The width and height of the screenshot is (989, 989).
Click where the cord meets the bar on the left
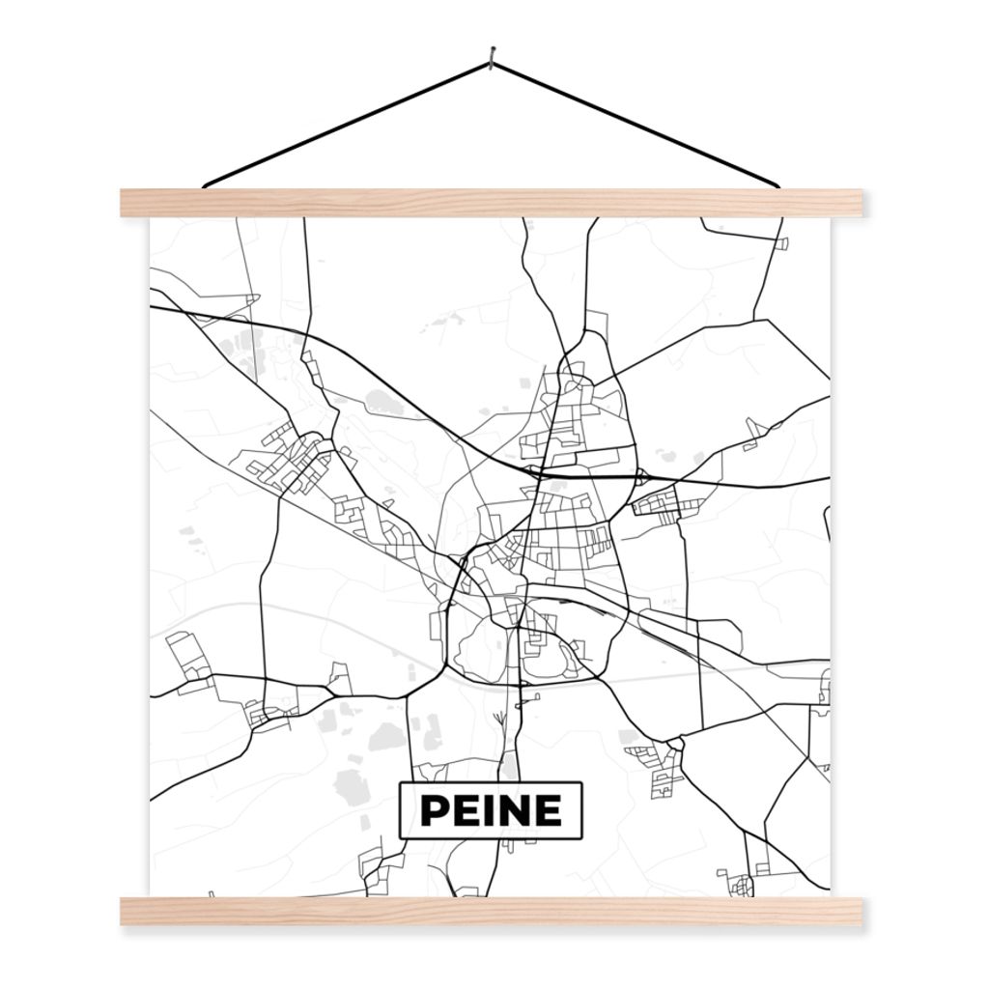coord(206,184)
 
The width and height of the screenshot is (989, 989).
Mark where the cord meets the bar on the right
coord(777,184)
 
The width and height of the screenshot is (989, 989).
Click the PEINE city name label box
coord(491,809)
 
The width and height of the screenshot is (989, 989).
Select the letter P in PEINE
coord(434,811)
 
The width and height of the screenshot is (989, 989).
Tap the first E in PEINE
coord(466,811)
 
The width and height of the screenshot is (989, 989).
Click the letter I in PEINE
coord(489,811)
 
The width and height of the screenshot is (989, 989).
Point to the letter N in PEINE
coord(513,811)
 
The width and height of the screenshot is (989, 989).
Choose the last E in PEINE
coord(547,811)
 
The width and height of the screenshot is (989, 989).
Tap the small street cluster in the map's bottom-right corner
coord(740,883)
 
